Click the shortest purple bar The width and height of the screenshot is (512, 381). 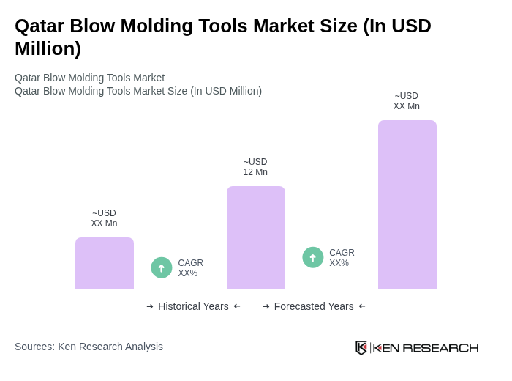pos(105,263)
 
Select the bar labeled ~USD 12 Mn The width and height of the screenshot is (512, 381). pos(256,237)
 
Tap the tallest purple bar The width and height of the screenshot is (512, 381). pos(407,204)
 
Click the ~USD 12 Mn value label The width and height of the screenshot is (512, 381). pos(255,167)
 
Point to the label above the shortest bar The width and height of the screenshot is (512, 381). pos(104,218)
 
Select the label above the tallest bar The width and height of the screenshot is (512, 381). pos(407,101)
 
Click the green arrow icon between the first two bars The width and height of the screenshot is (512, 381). pos(162,267)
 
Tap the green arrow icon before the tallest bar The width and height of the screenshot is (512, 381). pos(313,257)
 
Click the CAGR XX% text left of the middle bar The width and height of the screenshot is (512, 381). pos(190,268)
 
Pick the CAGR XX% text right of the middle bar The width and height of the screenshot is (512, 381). pos(342,258)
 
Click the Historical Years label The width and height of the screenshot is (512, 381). pos(193,306)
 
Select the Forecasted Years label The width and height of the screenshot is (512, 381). pos(314,306)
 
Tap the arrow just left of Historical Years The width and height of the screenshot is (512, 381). pos(150,306)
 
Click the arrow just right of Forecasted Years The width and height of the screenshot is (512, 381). pos(362,306)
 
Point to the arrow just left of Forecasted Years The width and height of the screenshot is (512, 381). pos(266,306)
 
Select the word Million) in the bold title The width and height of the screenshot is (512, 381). pos(48,48)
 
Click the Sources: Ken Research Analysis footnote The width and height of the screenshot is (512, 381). pos(89,347)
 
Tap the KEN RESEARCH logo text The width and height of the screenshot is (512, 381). pos(426,347)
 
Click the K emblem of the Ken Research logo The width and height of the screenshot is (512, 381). pos(361,347)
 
